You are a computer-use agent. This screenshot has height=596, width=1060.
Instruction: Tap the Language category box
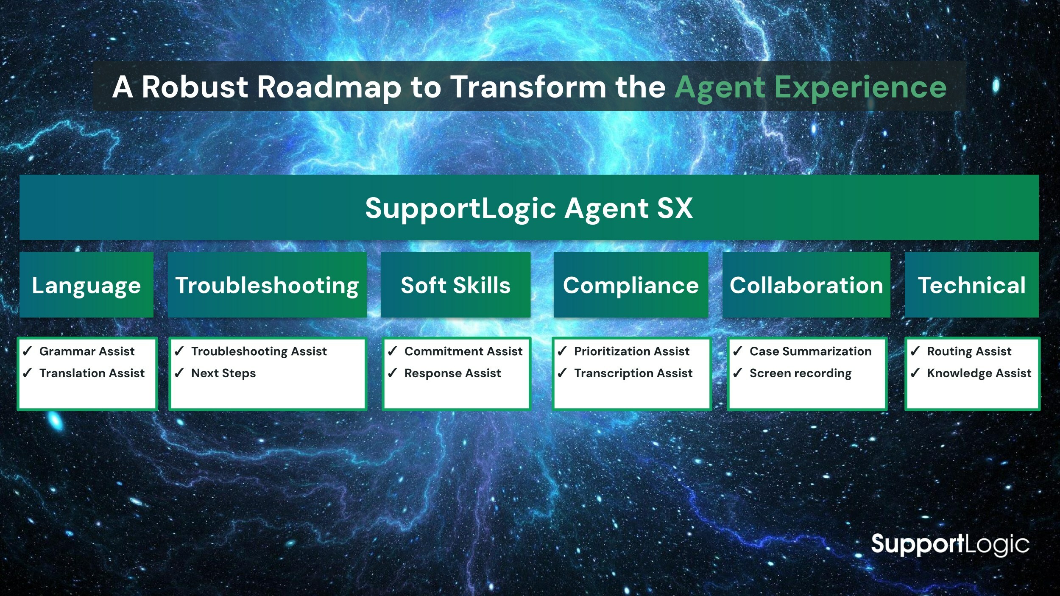pos(86,285)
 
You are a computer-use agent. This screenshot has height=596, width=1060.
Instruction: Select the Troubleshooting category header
pos(267,285)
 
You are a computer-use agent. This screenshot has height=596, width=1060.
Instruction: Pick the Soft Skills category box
pos(456,285)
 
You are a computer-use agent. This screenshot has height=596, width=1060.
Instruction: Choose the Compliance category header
pos(631,285)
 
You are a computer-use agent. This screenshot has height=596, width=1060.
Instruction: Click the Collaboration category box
pos(806,285)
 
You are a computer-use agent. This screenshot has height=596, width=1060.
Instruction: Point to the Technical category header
pos(972,285)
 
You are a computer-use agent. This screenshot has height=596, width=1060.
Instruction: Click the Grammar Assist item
pos(87,351)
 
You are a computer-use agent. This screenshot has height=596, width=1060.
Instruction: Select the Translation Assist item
pos(92,373)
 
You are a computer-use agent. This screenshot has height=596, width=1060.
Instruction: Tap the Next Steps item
pos(223,373)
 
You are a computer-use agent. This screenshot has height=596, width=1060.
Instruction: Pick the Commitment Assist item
pos(463,351)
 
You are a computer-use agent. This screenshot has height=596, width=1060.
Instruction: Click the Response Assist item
pos(452,373)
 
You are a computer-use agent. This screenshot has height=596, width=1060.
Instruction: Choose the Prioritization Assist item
pos(632,351)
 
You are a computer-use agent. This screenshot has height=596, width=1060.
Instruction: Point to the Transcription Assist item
pos(633,373)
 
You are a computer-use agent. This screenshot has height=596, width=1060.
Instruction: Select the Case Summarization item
pos(811,351)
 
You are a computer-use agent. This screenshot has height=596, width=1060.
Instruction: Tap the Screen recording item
pos(801,373)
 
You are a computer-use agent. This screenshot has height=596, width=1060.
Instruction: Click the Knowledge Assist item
pos(979,373)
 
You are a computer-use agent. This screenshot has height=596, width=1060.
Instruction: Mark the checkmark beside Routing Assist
pos(915,351)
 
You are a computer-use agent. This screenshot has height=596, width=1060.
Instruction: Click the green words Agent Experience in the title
pos(810,88)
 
